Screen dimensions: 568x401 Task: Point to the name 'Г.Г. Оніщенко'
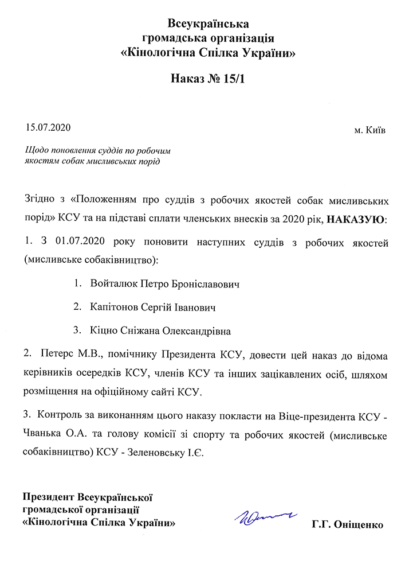[x=348, y=524]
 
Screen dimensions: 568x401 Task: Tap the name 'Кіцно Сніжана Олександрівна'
[x=160, y=332]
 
